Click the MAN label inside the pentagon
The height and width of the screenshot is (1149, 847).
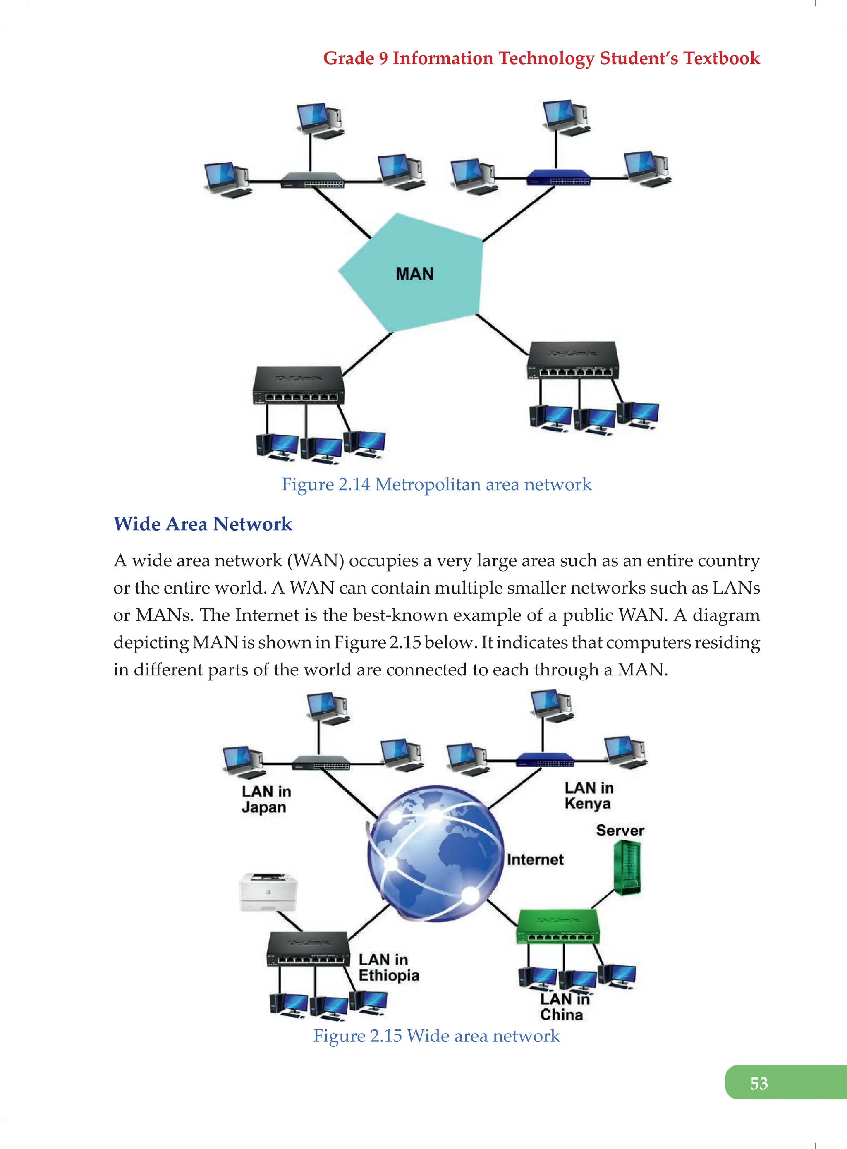(414, 274)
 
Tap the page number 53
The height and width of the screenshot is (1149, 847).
(758, 1083)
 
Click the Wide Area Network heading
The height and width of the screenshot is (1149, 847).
(203, 524)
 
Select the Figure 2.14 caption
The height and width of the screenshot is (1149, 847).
(436, 484)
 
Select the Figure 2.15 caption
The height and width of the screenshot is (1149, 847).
(436, 1035)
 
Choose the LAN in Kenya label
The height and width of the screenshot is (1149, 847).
(588, 795)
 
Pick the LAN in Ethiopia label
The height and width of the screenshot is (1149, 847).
(388, 967)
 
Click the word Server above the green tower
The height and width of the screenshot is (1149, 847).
(620, 830)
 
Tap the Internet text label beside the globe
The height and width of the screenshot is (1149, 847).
(535, 859)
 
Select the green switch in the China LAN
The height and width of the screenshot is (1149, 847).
(557, 927)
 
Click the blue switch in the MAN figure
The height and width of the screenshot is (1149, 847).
(558, 178)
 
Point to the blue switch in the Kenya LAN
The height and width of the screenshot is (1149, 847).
(545, 760)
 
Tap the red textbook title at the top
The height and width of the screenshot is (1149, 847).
(541, 58)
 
